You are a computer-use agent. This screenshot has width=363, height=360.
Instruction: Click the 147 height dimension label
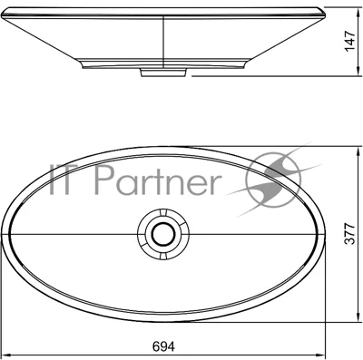pos(349,41)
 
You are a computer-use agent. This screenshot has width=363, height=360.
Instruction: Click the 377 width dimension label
pos(349,234)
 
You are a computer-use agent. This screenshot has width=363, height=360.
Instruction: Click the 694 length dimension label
pos(163,346)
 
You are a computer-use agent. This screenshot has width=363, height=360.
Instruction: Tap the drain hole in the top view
pos(163,235)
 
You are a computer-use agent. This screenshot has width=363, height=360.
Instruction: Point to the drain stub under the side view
pos(163,73)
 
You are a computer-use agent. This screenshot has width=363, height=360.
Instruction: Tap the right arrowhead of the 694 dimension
pos(321,355)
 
